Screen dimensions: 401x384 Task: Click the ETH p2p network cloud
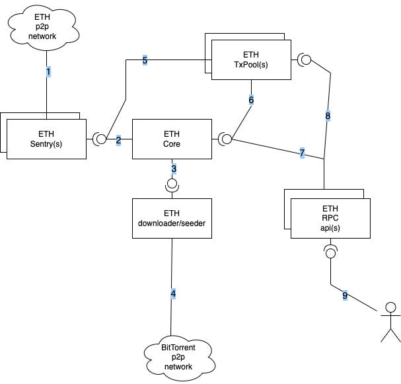coord(43,27)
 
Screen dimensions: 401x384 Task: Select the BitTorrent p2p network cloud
coord(179,358)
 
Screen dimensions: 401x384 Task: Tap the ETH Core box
coord(172,139)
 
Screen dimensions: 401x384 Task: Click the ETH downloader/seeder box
coord(172,218)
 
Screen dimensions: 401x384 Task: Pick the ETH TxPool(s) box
coord(251,59)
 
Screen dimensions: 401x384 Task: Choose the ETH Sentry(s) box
coord(46,139)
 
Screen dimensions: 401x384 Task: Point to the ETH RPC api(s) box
coord(330,218)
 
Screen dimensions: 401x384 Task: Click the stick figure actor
coord(390,322)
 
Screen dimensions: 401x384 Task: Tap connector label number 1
coord(48,71)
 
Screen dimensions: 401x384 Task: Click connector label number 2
coord(118,140)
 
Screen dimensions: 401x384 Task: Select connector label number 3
coord(174,169)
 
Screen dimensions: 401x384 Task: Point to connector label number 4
coord(173,293)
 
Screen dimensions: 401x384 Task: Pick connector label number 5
coord(145,60)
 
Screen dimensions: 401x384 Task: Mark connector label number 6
coord(251,100)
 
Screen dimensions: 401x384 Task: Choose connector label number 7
coord(302,153)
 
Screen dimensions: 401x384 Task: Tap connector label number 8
coord(328,116)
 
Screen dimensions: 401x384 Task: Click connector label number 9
coord(345,295)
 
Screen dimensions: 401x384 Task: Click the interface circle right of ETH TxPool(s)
coord(306,59)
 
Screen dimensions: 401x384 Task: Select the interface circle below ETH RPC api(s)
coord(330,253)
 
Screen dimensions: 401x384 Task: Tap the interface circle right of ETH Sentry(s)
coord(101,139)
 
